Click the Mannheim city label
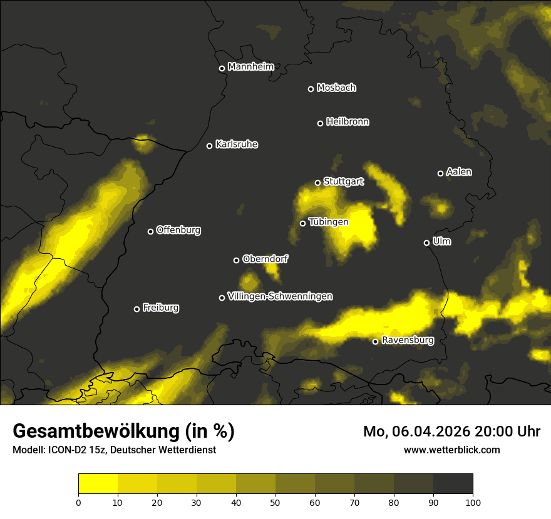coord(250,67)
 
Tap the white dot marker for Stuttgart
coord(317,183)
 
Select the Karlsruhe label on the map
coord(236,144)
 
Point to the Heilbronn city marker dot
coord(320,123)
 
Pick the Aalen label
coord(458,172)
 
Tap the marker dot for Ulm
coord(426,243)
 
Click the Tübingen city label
coord(328,222)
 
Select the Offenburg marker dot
coord(150,231)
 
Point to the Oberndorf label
coord(265,259)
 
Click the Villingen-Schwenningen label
coord(280,296)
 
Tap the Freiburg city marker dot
coord(136,309)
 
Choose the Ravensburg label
coord(407,340)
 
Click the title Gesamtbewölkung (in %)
coord(123,431)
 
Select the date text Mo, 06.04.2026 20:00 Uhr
coord(451,431)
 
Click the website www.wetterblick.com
coord(451,450)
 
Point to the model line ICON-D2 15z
coord(114,450)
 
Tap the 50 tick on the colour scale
coord(275,501)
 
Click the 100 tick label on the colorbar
coord(473,501)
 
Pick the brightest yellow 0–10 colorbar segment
coord(98,483)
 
